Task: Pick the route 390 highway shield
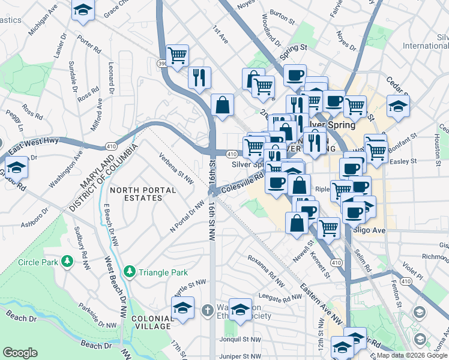pyautogui.click(x=161, y=63)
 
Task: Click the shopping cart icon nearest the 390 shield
pyautogui.click(x=178, y=55)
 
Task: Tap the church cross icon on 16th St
pyautogui.click(x=207, y=310)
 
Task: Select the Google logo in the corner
pyautogui.click(x=20, y=352)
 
